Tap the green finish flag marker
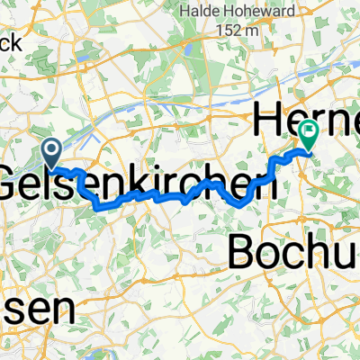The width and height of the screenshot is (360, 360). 309,135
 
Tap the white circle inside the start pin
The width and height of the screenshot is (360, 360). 50,148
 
